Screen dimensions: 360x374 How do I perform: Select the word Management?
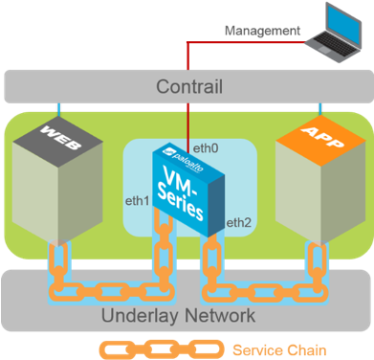coord(261,31)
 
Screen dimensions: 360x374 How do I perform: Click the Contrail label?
coord(189,87)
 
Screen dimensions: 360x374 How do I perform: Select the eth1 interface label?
coord(138,201)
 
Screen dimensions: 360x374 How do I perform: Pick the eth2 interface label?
coord(238,223)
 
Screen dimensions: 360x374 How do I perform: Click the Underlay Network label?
coord(187,315)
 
